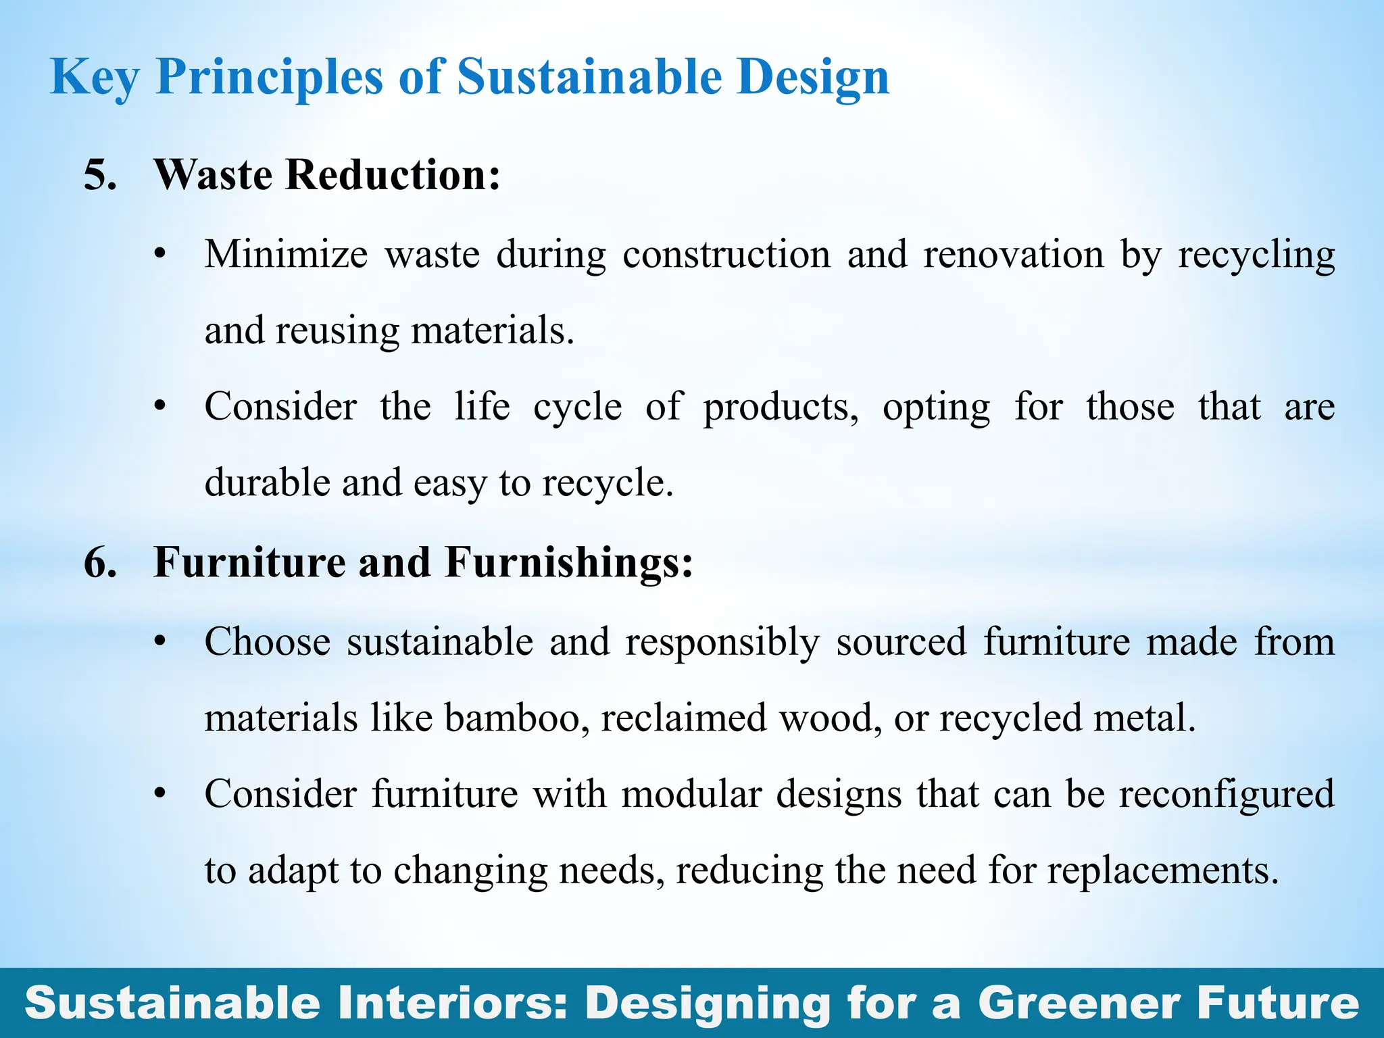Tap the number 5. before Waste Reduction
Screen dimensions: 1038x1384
(99, 175)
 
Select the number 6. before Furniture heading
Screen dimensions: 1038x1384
(99, 562)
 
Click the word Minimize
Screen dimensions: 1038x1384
(286, 255)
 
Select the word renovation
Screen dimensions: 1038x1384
(1013, 255)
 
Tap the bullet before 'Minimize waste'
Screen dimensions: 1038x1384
(159, 255)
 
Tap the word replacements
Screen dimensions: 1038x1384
(1163, 870)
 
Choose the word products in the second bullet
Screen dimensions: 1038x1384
(781, 408)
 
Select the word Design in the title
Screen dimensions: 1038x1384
(813, 78)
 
